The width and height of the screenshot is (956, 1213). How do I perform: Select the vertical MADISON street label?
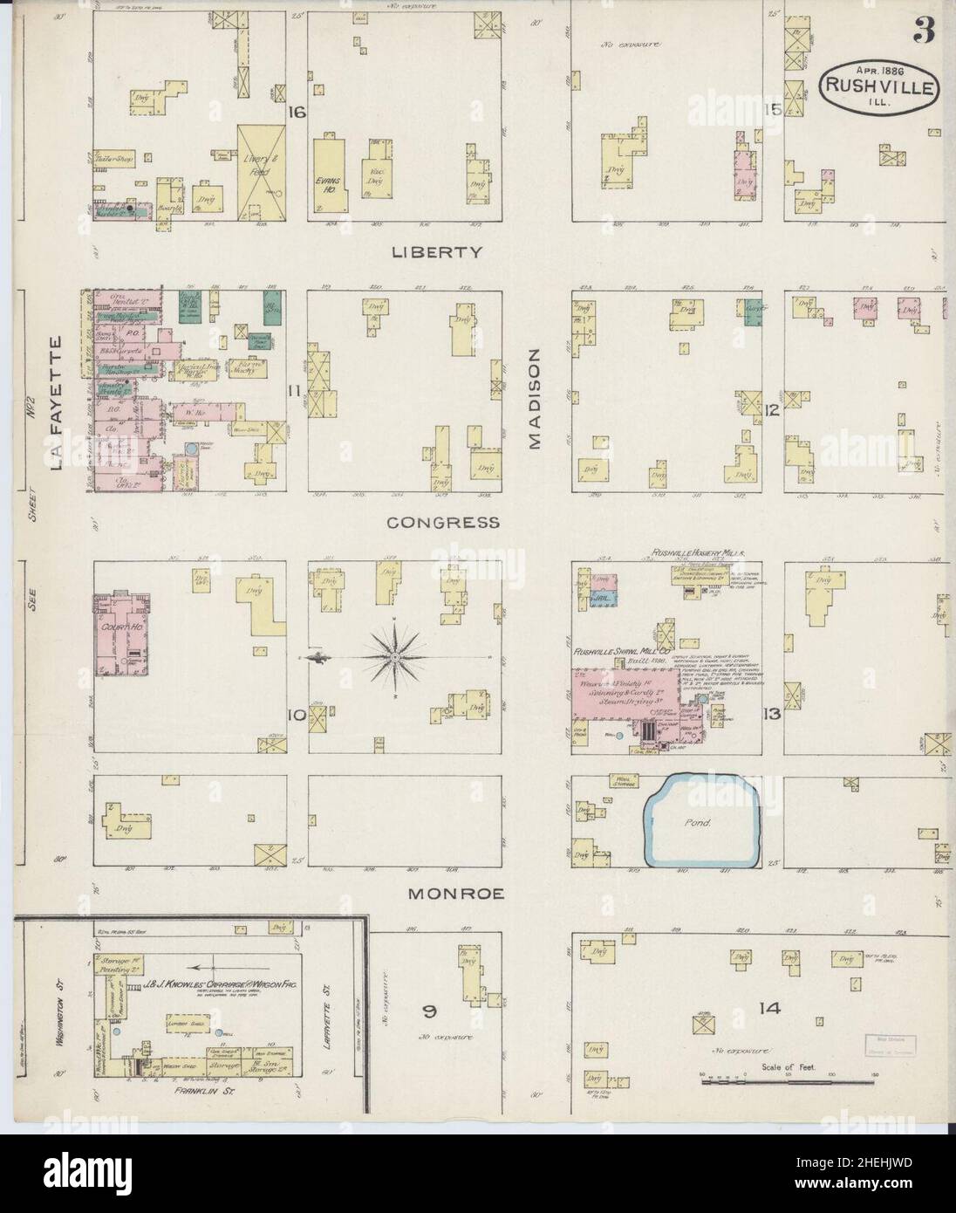coord(535,398)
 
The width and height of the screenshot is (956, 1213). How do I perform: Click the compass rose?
coord(396,655)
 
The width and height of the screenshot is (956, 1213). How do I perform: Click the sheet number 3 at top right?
coord(924,32)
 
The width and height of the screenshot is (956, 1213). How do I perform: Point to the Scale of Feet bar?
coord(768,1082)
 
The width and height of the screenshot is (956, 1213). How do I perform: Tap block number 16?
coord(297,112)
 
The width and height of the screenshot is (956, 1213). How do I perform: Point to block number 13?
coord(770,715)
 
